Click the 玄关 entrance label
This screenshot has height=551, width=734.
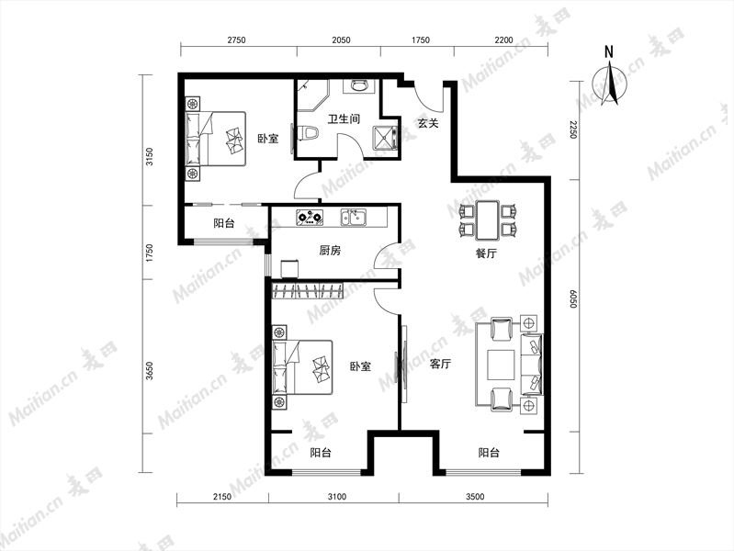tap(428, 124)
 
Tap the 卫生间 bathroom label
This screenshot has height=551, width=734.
tap(344, 118)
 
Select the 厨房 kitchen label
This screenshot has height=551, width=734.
tap(330, 251)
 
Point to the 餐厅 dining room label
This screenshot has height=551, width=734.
tap(486, 253)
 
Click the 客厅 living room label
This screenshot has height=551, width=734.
tap(440, 364)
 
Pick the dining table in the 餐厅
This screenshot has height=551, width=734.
tap(487, 219)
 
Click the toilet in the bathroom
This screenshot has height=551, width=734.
tap(308, 133)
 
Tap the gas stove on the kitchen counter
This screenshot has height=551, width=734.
tap(310, 218)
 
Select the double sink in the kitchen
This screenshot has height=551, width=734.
tap(354, 218)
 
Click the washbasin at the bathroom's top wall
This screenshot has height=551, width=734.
tap(359, 86)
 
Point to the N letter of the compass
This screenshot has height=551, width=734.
tap(608, 51)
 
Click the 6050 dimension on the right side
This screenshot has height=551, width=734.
tap(573, 299)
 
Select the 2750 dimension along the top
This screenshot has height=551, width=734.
tap(236, 40)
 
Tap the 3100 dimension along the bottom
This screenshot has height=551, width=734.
tap(336, 497)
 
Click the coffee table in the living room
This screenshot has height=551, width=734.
tap(502, 365)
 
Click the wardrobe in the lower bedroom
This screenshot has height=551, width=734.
tap(307, 291)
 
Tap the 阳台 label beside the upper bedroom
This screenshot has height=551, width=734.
tap(224, 223)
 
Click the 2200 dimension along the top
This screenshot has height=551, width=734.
tap(503, 40)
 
